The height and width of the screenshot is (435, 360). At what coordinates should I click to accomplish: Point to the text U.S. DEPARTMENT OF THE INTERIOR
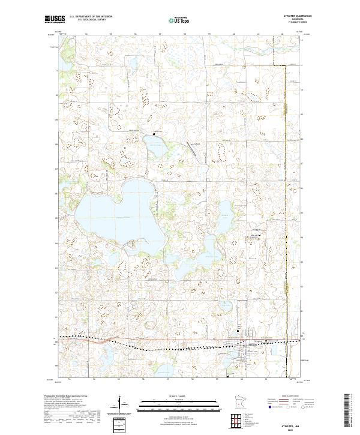pos(91,17)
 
